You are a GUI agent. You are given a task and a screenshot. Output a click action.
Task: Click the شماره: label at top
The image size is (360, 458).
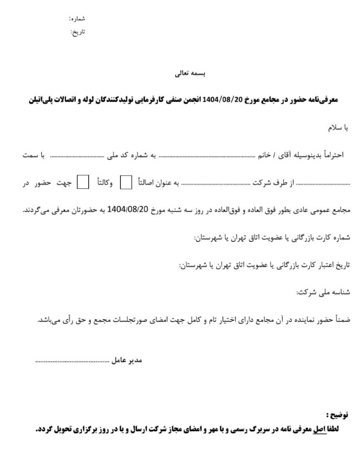point(77,19)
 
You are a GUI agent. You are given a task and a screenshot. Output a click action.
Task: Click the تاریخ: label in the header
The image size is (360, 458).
point(78,32)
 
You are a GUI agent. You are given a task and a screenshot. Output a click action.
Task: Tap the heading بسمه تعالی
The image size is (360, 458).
point(190,73)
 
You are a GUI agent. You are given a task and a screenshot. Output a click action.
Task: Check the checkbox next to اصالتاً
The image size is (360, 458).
point(126,182)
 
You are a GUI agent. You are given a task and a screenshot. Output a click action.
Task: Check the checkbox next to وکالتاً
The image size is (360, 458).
point(82,182)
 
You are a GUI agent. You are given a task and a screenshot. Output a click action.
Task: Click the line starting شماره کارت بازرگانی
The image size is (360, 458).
point(272,238)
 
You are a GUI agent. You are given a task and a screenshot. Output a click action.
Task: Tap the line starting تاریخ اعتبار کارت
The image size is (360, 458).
point(265,265)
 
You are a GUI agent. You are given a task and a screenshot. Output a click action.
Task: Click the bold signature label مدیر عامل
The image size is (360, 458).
point(127,360)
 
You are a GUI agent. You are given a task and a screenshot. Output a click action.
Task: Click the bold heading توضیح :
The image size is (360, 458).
point(338,415)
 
